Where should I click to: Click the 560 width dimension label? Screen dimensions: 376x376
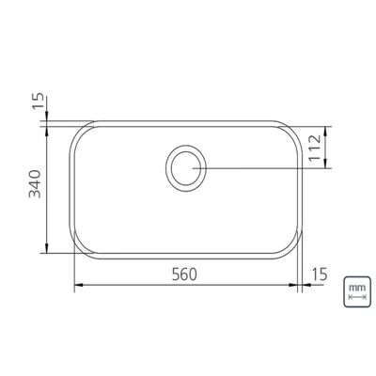tap(184, 274)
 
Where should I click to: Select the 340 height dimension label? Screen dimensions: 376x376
tap(35, 184)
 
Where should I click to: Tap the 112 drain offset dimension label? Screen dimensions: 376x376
tap(315, 148)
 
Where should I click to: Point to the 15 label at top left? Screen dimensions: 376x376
tap(39, 102)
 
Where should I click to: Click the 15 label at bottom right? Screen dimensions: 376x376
tap(320, 274)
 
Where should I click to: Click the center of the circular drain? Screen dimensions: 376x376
tap(185, 168)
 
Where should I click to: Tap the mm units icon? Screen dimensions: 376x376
tap(357, 291)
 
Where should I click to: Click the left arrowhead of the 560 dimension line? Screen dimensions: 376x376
tap(78, 285)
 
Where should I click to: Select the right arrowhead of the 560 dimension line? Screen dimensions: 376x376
tap(293, 285)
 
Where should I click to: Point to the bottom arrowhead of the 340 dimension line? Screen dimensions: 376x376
tap(47, 248)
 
